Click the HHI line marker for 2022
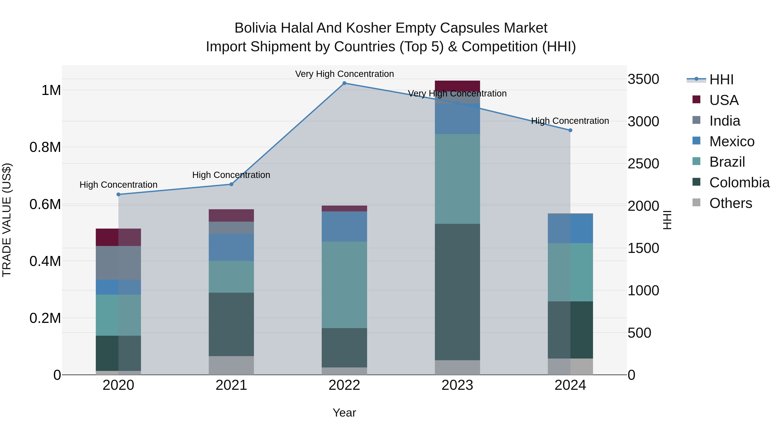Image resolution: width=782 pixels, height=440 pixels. click(344, 83)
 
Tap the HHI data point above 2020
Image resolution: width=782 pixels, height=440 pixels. click(118, 194)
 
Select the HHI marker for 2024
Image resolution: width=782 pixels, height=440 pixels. click(570, 130)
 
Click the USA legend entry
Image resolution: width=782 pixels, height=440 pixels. click(724, 100)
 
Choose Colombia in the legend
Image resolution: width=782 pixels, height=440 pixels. click(739, 183)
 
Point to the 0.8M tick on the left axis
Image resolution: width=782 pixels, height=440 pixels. click(45, 147)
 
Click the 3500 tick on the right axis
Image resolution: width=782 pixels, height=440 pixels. click(643, 79)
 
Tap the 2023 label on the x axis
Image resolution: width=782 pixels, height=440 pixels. click(457, 385)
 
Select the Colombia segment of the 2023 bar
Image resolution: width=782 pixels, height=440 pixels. click(457, 292)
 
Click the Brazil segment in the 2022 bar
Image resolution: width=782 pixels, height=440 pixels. click(344, 285)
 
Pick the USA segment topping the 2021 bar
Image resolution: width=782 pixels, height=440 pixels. click(231, 215)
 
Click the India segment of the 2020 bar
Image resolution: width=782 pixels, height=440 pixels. click(118, 263)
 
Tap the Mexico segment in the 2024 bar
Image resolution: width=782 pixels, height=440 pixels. click(570, 229)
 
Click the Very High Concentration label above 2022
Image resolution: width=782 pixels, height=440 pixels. click(344, 74)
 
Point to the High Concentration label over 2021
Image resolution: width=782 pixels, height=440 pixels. click(231, 175)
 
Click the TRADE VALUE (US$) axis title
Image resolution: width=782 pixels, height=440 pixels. click(7, 220)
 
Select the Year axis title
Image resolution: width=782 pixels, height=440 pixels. click(344, 413)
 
